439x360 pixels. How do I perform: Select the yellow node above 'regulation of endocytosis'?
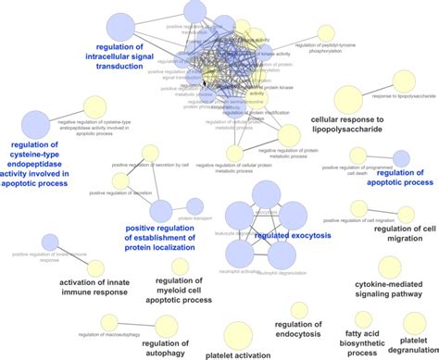coord(298,311)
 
